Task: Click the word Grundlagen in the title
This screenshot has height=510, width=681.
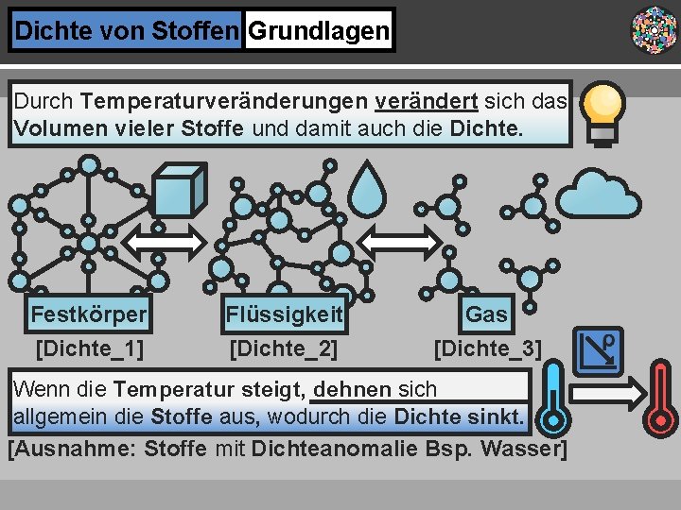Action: (318, 31)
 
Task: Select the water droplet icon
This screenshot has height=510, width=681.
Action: (369, 191)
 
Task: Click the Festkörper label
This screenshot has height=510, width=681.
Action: (89, 314)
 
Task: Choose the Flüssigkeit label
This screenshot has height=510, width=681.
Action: (284, 314)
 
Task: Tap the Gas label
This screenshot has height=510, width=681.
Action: (487, 314)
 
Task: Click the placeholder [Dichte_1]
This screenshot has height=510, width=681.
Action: (89, 349)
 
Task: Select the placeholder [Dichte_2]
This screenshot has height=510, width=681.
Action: (284, 349)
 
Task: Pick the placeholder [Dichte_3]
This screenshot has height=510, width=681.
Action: (487, 349)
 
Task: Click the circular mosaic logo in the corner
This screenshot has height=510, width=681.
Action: (654, 29)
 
